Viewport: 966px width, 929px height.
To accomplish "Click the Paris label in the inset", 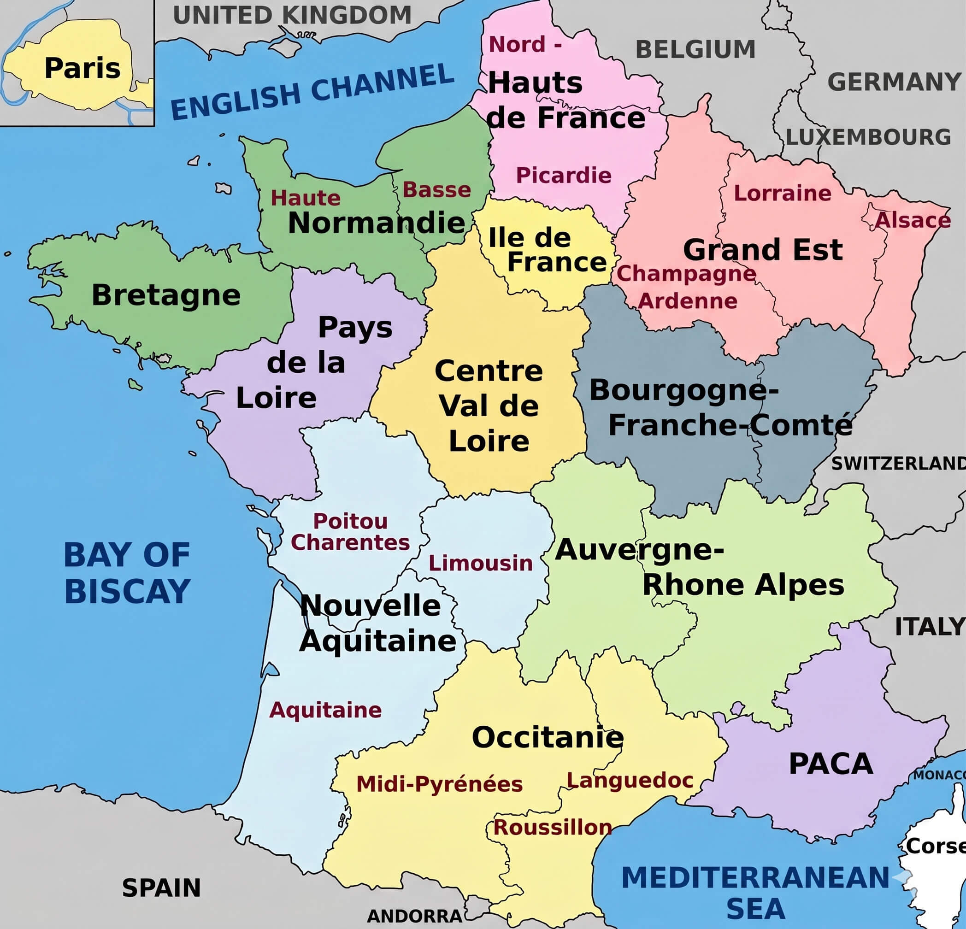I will pos(82,68).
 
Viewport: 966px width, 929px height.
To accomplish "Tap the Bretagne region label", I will pos(166,295).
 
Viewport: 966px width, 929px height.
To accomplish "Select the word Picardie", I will pos(563,176).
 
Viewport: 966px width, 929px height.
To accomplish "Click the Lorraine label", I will pos(783,193).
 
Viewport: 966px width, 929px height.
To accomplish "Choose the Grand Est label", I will pos(762,249).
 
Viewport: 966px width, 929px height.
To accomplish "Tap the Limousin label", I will pos(481,563).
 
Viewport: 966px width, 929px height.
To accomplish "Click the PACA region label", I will pos(831,764).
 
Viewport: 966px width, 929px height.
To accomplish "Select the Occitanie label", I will pos(548,737).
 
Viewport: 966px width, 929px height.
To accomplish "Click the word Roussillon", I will pos(553,828).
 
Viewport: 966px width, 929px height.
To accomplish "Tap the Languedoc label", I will pos(630,780).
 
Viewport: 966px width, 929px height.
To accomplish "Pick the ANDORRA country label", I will pos(414,916).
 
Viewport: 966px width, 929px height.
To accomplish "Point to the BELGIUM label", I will pos(695,50).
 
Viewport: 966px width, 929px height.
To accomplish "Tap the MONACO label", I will pos(939,775).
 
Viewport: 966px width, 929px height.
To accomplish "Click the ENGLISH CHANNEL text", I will pos(312,92).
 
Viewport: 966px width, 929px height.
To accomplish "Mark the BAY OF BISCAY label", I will pos(127,573).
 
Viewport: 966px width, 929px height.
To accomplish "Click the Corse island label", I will pos(936,846).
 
